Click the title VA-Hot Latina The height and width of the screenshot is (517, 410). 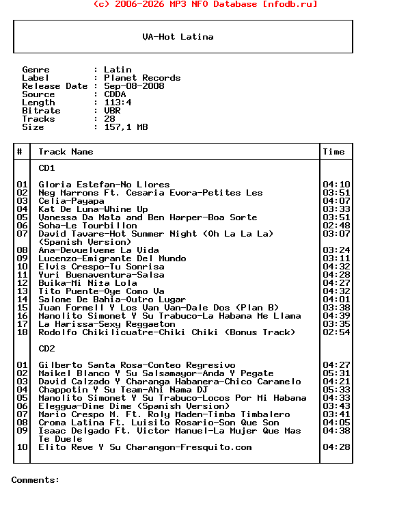[x=178, y=37]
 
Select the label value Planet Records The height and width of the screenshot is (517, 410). [x=142, y=78]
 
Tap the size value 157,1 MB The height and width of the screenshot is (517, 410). [x=126, y=127]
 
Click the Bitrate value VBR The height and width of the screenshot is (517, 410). [x=112, y=111]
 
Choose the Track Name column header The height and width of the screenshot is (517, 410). [x=66, y=152]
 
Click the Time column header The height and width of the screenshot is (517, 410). [x=333, y=152]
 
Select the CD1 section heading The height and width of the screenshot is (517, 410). [x=46, y=168]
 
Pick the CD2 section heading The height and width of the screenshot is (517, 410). [x=46, y=349]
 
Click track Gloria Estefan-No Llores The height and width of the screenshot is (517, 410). [x=104, y=185]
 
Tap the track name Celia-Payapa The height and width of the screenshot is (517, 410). [x=71, y=201]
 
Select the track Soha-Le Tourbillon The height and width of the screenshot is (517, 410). [x=87, y=226]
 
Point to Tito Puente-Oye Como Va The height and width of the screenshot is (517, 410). [x=101, y=291]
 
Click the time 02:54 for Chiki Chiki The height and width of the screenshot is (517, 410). [x=336, y=332]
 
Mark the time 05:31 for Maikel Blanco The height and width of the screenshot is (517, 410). [x=336, y=373]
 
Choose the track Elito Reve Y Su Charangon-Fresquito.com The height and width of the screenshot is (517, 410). [x=145, y=447]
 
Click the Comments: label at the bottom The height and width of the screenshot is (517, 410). [x=36, y=480]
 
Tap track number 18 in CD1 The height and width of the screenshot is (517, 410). [x=22, y=332]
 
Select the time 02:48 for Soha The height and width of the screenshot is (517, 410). [x=336, y=226]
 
